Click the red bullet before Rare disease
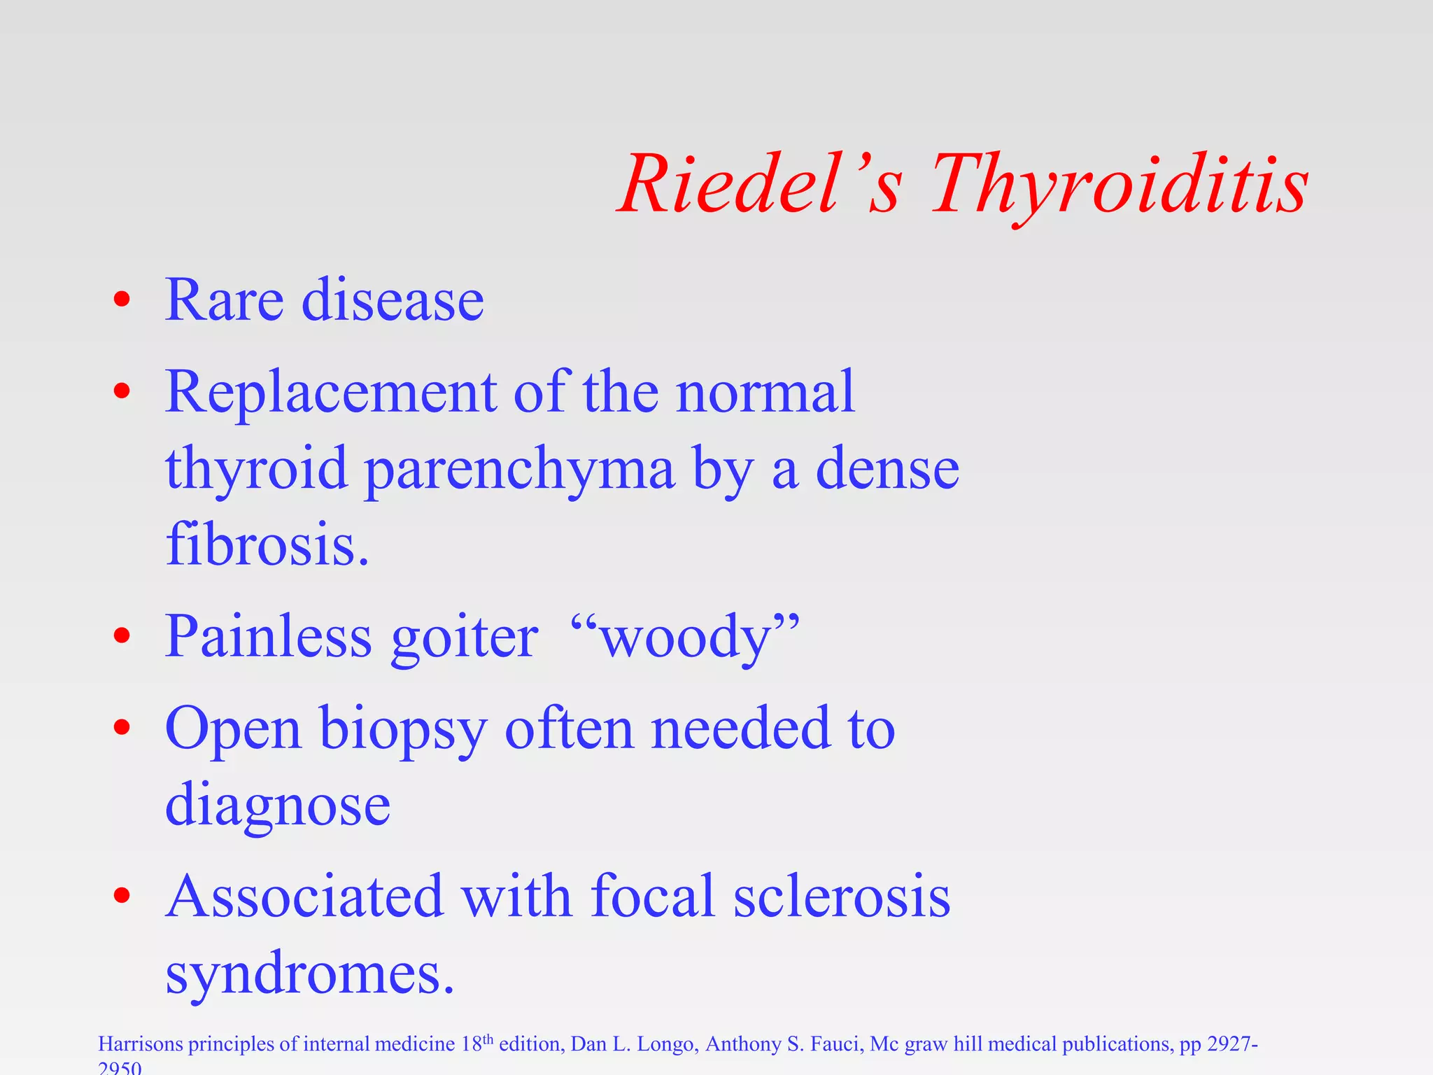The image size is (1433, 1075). tap(122, 300)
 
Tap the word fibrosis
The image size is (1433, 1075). tap(267, 545)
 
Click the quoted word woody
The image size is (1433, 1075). tap(686, 638)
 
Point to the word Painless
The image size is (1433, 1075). tap(268, 637)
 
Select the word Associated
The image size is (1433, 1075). tap(304, 897)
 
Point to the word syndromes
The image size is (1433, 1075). tap(309, 974)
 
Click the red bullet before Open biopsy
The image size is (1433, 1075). tap(122, 727)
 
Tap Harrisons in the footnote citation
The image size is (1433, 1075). tap(140, 1044)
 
